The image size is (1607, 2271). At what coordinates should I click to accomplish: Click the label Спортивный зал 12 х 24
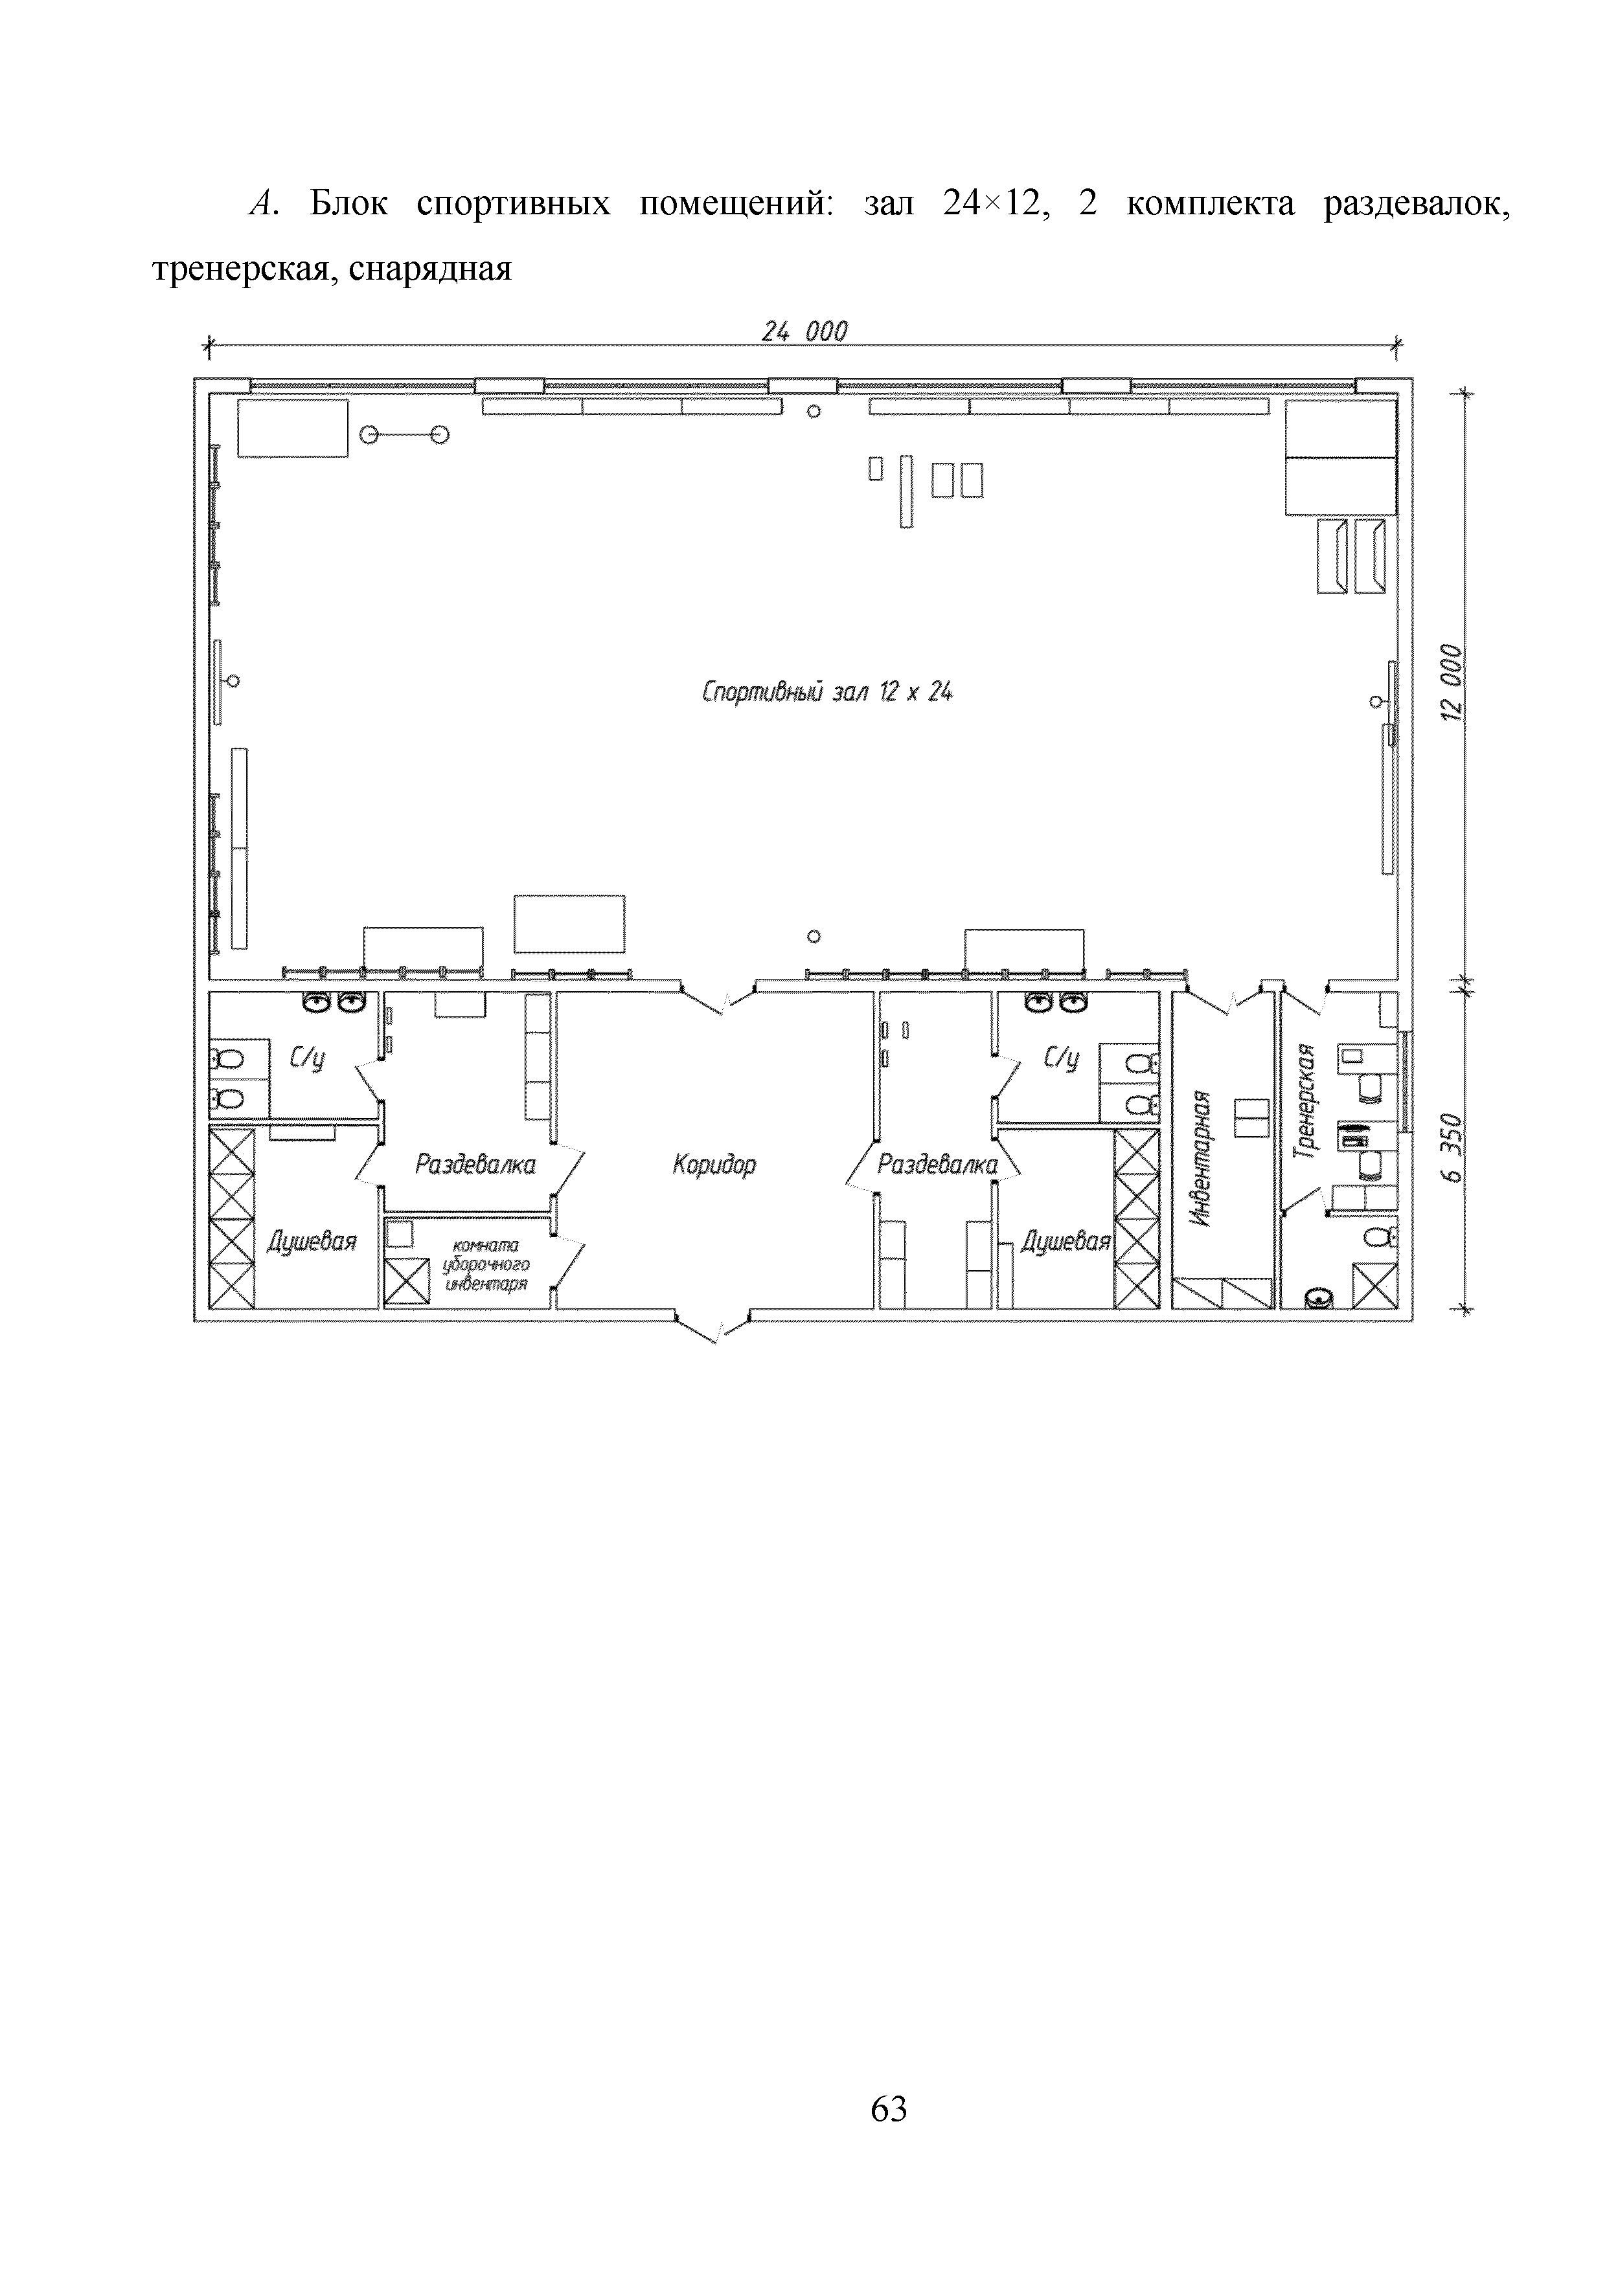click(x=827, y=693)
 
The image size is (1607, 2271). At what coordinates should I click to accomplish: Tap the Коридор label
click(x=713, y=1165)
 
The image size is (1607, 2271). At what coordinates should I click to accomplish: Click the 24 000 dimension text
click(x=803, y=331)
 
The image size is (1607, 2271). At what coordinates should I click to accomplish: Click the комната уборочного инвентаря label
click(x=485, y=1265)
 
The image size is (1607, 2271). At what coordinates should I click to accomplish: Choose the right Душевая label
click(x=1066, y=1242)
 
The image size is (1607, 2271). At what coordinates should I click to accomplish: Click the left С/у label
click(x=307, y=1059)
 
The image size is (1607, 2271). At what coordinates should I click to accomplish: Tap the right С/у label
click(x=1061, y=1059)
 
